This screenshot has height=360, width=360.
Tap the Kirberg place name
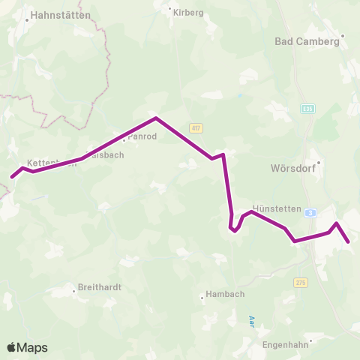tap(188, 13)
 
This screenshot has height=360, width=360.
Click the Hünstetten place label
tap(277, 208)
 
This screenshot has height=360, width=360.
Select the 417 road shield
tap(196, 127)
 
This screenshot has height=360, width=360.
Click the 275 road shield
tap(301, 282)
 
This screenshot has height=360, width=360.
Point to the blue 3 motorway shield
tap(310, 213)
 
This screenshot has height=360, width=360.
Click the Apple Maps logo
tap(27, 347)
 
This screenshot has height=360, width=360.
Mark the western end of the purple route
tap(12, 178)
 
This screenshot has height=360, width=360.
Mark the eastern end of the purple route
tap(349, 241)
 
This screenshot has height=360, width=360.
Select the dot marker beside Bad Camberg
tap(343, 34)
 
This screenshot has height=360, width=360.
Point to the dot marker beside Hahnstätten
tap(26, 20)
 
